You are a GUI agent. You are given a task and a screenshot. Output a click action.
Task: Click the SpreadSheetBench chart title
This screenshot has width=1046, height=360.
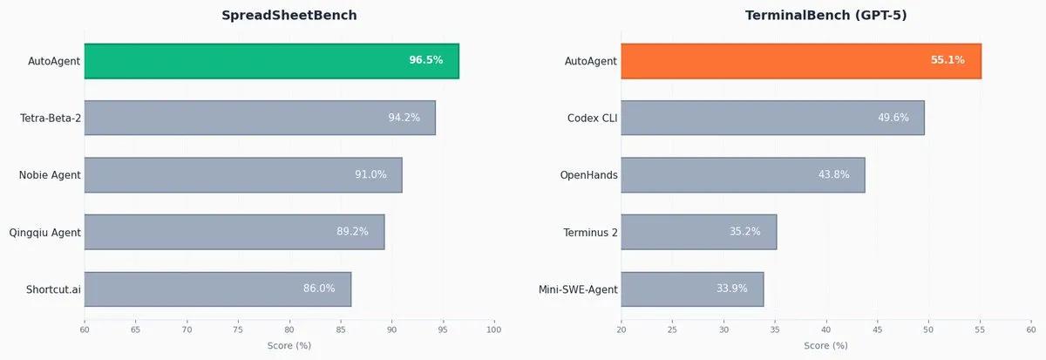[x=289, y=16]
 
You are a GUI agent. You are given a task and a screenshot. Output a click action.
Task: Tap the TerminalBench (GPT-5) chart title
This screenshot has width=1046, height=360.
[x=825, y=16]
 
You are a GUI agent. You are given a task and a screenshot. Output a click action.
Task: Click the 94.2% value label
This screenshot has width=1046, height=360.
[x=404, y=118]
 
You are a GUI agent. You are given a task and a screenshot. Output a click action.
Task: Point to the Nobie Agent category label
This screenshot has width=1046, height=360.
[x=50, y=175]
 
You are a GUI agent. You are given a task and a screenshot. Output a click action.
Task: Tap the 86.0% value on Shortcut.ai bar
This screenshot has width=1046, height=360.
[x=319, y=289]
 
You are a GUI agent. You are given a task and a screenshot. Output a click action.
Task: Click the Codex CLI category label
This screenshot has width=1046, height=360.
[x=592, y=118]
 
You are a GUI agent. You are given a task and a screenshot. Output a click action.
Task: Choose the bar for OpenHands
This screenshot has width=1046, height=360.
[x=742, y=175]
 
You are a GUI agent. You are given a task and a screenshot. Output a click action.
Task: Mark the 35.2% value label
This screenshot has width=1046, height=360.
[x=744, y=232]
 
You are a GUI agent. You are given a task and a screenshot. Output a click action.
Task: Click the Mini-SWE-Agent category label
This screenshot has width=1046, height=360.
[x=578, y=289]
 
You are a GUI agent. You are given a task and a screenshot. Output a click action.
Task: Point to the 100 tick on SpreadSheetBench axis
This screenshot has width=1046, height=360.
[x=494, y=329]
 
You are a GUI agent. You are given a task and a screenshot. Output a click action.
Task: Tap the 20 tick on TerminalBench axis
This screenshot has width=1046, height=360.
[x=621, y=329]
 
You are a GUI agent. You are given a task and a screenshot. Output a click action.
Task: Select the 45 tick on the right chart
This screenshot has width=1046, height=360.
[x=877, y=329]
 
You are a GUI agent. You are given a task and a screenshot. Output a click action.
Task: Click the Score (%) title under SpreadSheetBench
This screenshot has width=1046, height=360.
[x=289, y=346]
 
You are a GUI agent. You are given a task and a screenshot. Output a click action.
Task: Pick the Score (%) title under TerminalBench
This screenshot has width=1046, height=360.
[x=825, y=346]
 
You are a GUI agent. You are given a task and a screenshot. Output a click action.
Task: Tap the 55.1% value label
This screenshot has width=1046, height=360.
[x=948, y=60]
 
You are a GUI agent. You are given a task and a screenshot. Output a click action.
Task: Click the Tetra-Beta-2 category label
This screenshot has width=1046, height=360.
[x=51, y=118]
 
